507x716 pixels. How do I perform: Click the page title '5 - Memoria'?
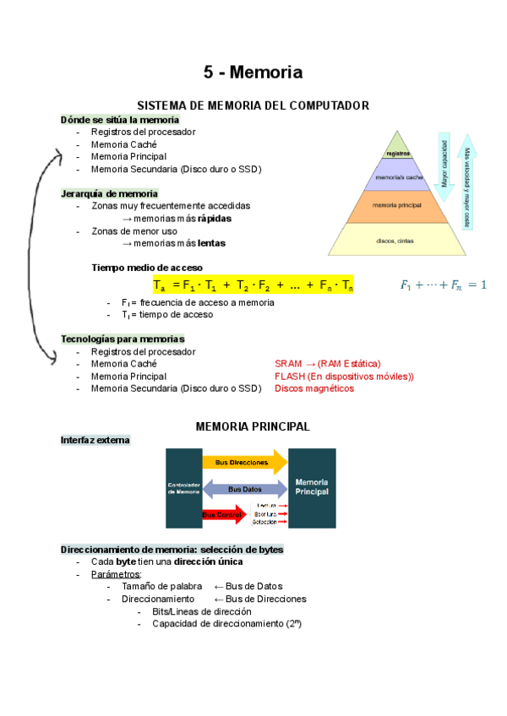[253, 72]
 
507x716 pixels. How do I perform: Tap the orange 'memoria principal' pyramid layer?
[396, 205]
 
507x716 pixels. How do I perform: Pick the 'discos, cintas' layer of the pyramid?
[395, 240]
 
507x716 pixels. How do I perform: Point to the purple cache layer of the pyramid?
[397, 178]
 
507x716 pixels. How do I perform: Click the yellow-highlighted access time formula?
[253, 285]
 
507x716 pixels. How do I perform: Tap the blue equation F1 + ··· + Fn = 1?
[443, 285]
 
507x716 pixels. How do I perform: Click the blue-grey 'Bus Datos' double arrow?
[245, 489]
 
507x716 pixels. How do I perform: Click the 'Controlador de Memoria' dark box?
[183, 487]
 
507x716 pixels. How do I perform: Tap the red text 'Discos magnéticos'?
[314, 388]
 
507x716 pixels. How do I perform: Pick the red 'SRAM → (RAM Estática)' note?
[327, 363]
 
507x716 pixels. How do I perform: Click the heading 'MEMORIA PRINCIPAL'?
[253, 426]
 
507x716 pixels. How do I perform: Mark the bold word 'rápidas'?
[214, 218]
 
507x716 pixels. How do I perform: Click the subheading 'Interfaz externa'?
[95, 440]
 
